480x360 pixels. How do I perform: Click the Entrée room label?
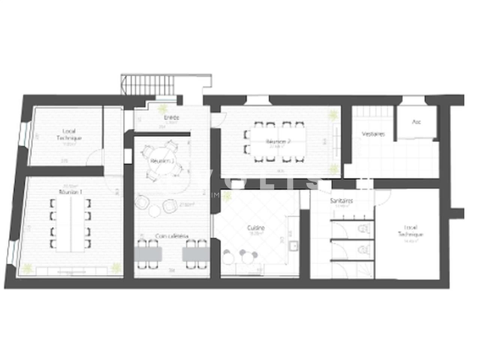(172, 118)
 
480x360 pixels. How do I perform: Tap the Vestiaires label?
(373, 134)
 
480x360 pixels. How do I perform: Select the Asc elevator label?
(416, 122)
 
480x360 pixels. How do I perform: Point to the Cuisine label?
(256, 228)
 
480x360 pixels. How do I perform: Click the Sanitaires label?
(341, 201)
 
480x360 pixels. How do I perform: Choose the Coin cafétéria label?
(172, 236)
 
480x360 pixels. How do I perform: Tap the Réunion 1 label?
(71, 192)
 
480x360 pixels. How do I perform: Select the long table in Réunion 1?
(70, 223)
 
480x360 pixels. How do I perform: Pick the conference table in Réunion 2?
(278, 142)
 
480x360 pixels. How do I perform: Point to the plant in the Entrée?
(162, 109)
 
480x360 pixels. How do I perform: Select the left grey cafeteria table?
(148, 254)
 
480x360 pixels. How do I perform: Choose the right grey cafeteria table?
(195, 254)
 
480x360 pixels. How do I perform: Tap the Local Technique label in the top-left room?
(69, 135)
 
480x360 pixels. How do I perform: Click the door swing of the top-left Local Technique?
(94, 157)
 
